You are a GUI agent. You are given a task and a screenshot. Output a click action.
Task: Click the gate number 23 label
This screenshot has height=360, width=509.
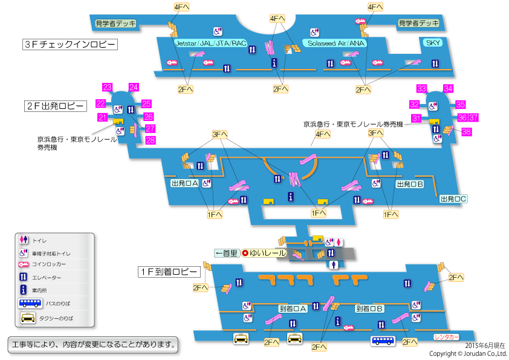tap(109, 87)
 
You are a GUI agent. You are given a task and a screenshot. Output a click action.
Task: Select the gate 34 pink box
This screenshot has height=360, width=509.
tap(448, 88)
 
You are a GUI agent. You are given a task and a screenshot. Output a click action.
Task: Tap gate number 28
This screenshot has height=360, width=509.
tap(151, 140)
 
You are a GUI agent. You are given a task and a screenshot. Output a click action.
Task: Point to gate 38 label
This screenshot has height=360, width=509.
tap(466, 131)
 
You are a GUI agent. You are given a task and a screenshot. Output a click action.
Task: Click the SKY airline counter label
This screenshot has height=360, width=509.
tap(433, 43)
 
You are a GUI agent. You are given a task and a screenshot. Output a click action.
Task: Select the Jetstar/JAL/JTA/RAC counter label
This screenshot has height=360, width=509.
tap(210, 44)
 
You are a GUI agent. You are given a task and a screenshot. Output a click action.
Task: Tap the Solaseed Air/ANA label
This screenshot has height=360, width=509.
tap(336, 44)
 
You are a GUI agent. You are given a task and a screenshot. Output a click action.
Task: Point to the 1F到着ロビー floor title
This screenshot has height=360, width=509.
tap(167, 272)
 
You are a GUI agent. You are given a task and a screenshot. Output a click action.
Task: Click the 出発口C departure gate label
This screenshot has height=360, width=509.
tap(454, 198)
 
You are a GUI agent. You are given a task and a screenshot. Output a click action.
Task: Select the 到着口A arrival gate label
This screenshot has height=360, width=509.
tap(293, 309)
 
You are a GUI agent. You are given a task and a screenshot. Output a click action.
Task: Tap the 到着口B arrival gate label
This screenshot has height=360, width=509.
tap(370, 309)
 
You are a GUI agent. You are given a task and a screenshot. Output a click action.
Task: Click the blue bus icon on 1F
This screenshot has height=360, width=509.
tap(383, 341)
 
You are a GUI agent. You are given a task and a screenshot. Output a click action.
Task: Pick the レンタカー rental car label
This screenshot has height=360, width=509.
tap(447, 336)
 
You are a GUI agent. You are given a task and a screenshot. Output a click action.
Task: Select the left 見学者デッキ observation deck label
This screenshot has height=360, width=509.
tap(115, 23)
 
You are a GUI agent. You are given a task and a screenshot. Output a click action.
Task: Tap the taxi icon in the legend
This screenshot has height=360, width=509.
tap(28, 317)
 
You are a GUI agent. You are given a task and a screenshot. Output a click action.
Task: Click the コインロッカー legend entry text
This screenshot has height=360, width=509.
tap(49, 264)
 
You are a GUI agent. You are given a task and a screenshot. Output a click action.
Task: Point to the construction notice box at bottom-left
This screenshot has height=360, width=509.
tap(94, 345)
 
